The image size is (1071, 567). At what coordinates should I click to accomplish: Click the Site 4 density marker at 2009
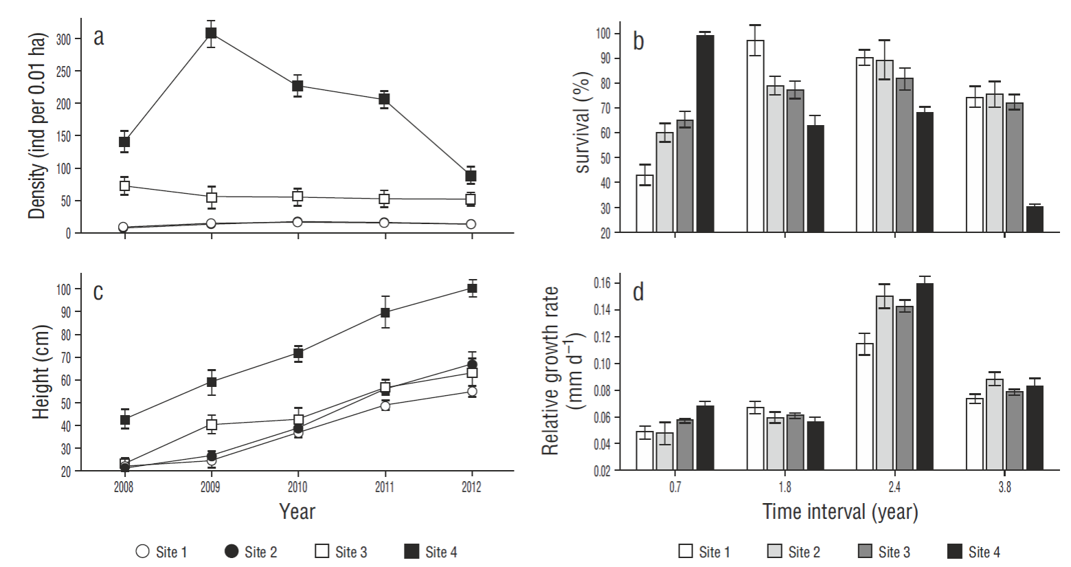pyautogui.click(x=211, y=33)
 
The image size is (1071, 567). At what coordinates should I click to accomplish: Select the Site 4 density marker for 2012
pyautogui.click(x=471, y=176)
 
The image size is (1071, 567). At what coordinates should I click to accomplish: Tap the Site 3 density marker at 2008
pyautogui.click(x=124, y=186)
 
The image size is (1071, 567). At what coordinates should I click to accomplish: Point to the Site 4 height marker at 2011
pyautogui.click(x=385, y=313)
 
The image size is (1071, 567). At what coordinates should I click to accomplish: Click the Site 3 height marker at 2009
pyautogui.click(x=212, y=425)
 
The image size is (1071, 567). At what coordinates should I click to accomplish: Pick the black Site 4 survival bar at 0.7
pyautogui.click(x=705, y=134)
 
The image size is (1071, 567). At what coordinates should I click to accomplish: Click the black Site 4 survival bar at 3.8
pyautogui.click(x=1035, y=219)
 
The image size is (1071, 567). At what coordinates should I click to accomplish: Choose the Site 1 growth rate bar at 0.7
pyautogui.click(x=644, y=451)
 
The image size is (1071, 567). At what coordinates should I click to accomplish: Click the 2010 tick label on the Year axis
pyautogui.click(x=297, y=487)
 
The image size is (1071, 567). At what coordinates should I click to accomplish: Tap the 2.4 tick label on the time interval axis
pyautogui.click(x=894, y=487)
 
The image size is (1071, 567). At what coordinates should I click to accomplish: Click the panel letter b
pyautogui.click(x=639, y=41)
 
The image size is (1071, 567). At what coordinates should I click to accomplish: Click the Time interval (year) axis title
pyautogui.click(x=839, y=512)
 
